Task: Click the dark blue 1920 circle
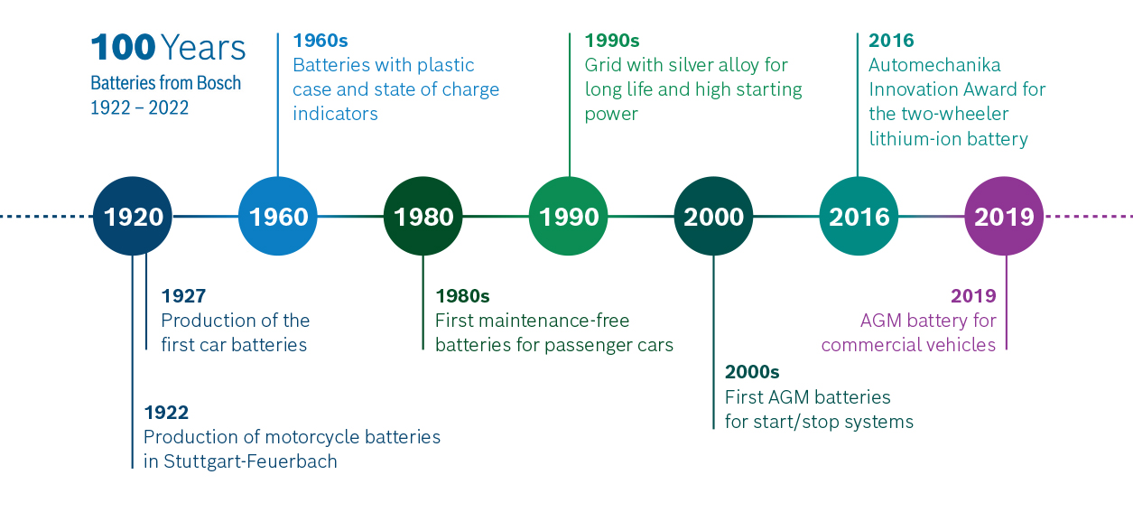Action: [133, 217]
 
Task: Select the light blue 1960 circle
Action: [278, 217]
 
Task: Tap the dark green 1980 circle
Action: [423, 217]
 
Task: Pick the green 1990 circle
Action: [569, 217]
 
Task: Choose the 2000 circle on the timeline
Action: [713, 217]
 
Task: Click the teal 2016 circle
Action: [859, 217]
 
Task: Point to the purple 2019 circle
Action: [1004, 217]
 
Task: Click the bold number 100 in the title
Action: [124, 48]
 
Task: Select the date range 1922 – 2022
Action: [140, 107]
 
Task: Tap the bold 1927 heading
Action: [183, 296]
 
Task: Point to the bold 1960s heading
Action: [320, 41]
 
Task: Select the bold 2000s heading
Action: [752, 372]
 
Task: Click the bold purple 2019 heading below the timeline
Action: [973, 296]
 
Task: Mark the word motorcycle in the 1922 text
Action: [311, 437]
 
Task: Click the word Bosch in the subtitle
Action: [218, 83]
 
